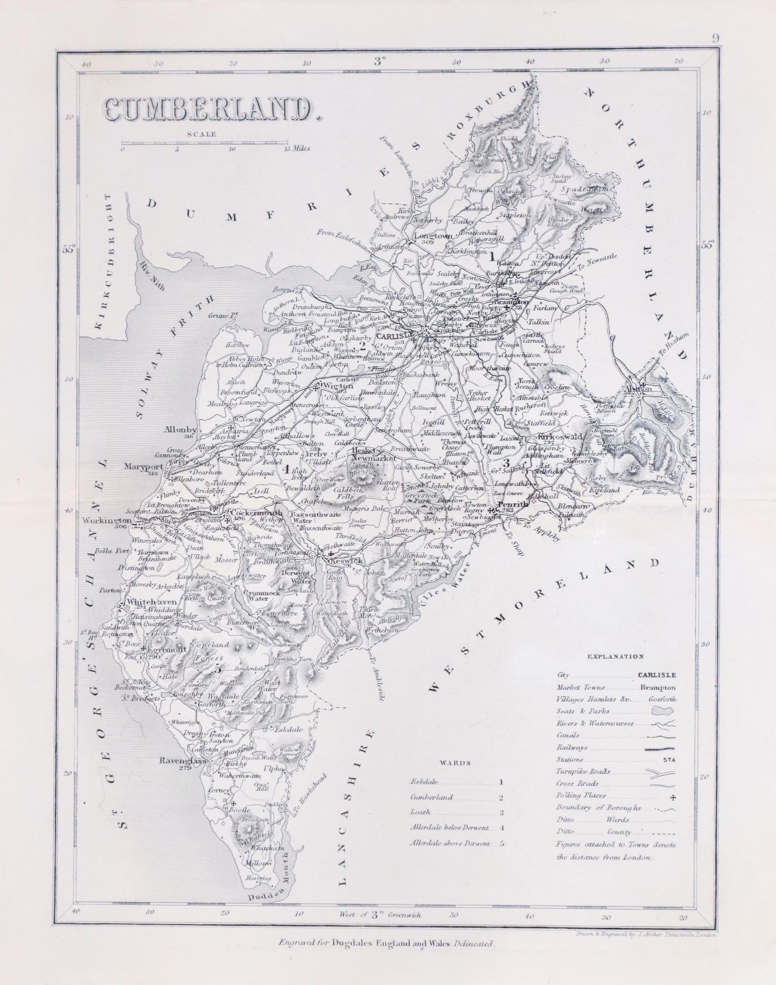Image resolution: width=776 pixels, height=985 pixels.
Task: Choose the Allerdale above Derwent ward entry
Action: coord(450,843)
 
